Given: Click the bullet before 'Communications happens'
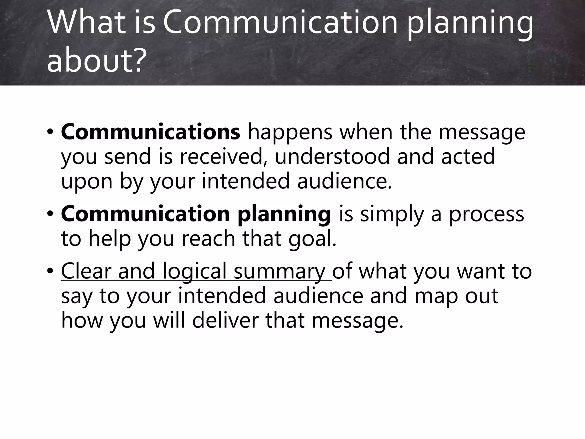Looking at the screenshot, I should (50, 132).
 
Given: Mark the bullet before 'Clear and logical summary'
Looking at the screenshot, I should (50, 271).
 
